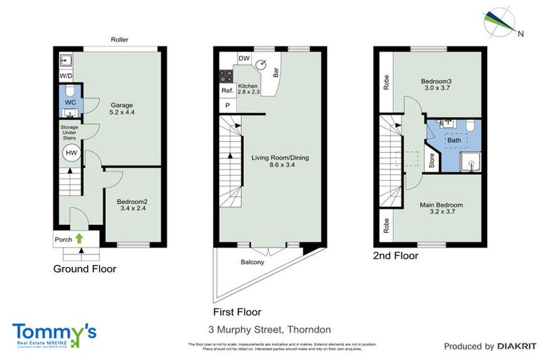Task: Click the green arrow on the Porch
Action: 79,239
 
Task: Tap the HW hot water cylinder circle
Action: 71,153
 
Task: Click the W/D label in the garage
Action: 65,75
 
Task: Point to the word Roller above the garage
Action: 120,40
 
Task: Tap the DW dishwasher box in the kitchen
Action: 244,58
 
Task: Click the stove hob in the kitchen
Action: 227,75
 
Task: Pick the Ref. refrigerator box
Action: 227,91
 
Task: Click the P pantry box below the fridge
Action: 227,105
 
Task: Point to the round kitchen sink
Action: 262,65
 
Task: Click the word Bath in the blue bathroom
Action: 454,140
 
